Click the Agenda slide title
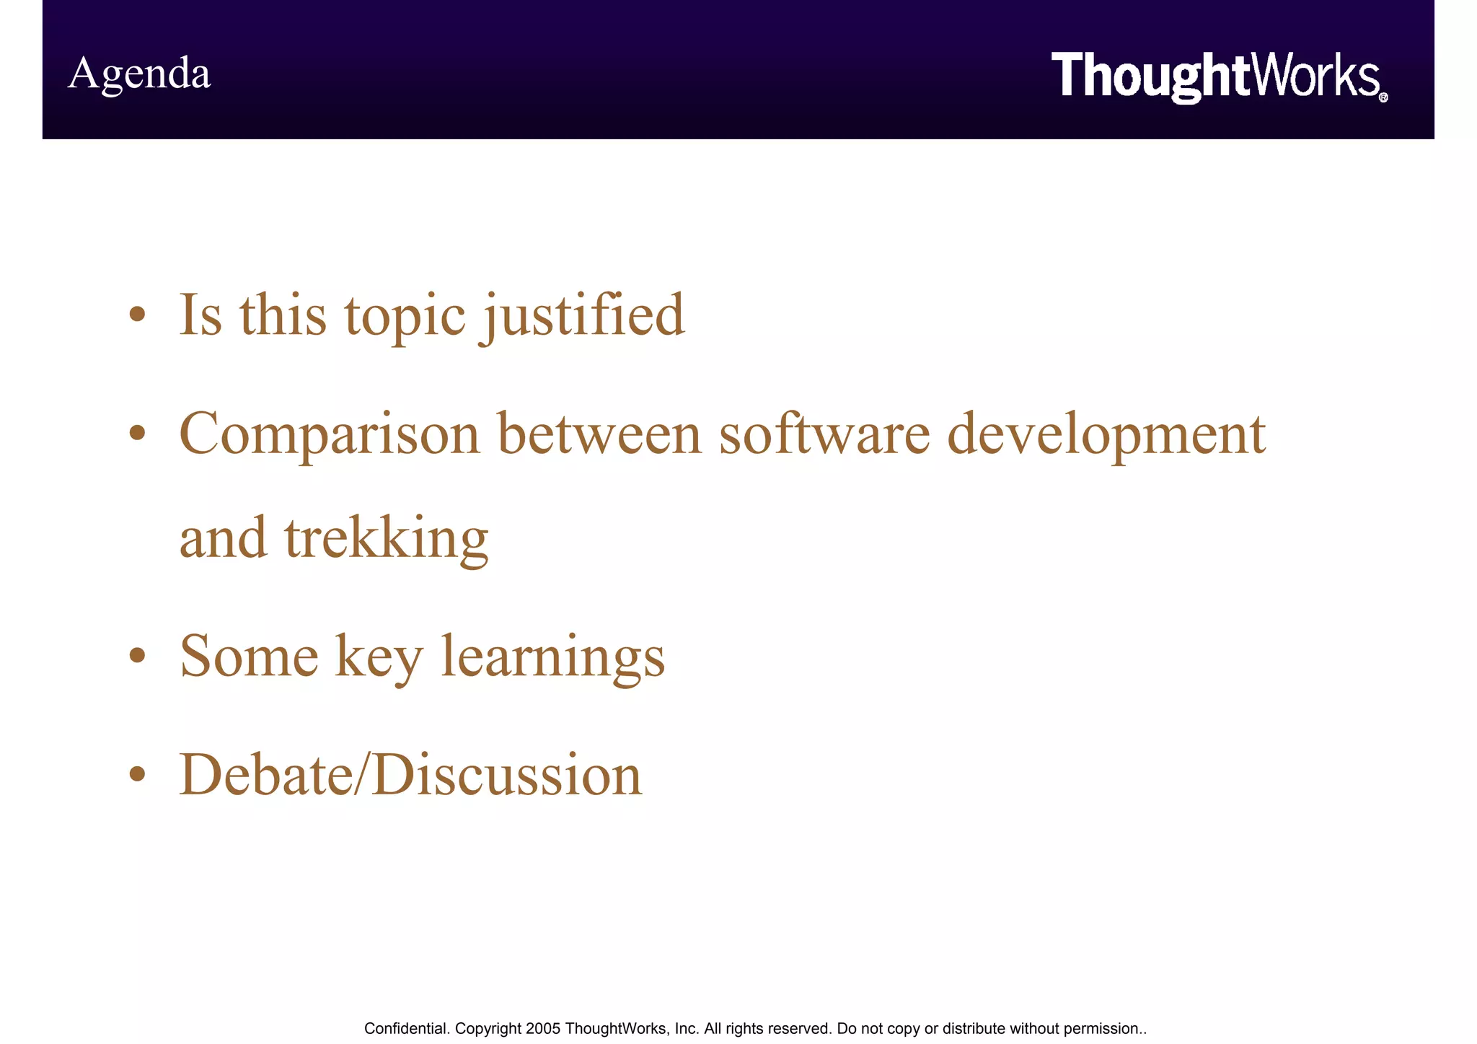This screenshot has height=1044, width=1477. pyautogui.click(x=139, y=74)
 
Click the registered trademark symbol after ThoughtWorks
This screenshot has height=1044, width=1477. pyautogui.click(x=1383, y=97)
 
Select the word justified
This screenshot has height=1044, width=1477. pyautogui.click(x=583, y=315)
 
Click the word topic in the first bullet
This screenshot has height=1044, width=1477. pyautogui.click(x=405, y=315)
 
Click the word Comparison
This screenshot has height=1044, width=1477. pyautogui.click(x=330, y=434)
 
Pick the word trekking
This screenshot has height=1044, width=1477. pyautogui.click(x=387, y=538)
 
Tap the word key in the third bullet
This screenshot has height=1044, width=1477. pyautogui.click(x=379, y=657)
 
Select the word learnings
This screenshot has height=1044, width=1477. pyautogui.click(x=552, y=657)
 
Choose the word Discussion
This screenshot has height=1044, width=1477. pyautogui.click(x=507, y=775)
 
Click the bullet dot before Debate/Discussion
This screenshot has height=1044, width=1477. pyautogui.click(x=138, y=774)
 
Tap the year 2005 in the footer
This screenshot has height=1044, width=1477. pyautogui.click(x=543, y=1028)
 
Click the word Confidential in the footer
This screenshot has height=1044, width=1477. pyautogui.click(x=407, y=1028)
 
